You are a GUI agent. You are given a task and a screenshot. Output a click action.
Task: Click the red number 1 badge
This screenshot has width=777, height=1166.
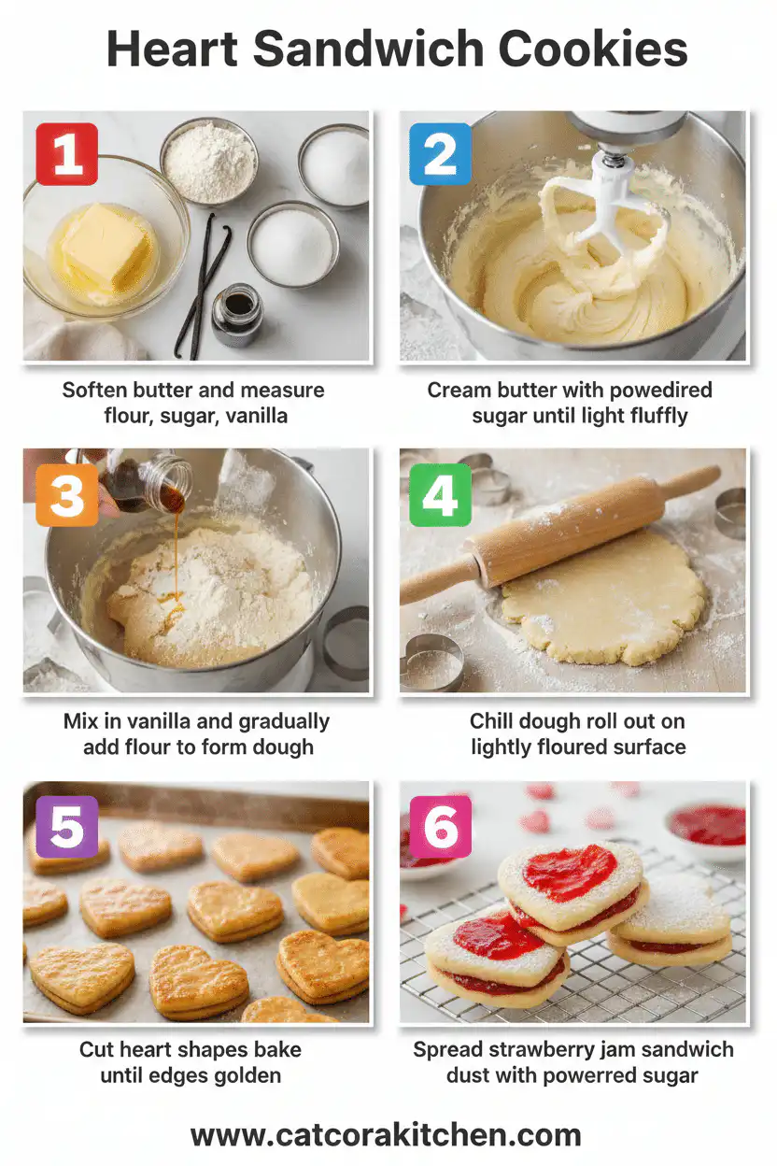[x=66, y=153]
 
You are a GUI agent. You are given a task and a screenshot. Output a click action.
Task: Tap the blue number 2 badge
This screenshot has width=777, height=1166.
[x=440, y=153]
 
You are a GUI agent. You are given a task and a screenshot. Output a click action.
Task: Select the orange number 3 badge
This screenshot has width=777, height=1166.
[x=66, y=494]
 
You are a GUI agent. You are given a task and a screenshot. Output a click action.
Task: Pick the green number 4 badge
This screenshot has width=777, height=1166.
[x=440, y=494]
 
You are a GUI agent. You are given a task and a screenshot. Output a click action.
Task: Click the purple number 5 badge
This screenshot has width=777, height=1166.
[x=66, y=827]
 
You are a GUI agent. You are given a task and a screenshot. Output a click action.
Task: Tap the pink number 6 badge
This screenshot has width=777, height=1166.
[x=440, y=827]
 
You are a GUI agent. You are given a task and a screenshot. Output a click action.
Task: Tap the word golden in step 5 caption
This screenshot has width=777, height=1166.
[x=248, y=1075]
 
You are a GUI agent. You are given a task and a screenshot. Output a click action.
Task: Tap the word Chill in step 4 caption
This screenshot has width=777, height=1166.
[x=492, y=721]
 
